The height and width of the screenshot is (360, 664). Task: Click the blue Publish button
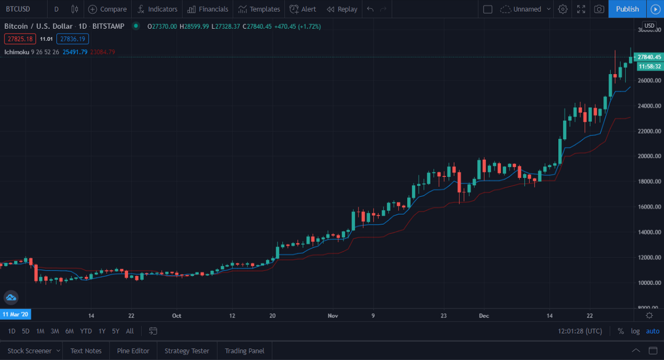(x=627, y=9)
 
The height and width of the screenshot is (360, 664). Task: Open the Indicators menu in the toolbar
(x=158, y=9)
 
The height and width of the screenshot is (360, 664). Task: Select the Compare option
(x=107, y=9)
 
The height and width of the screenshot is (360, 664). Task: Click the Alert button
(x=303, y=9)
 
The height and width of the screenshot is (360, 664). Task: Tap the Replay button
(x=341, y=9)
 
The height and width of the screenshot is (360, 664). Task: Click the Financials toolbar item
(x=207, y=9)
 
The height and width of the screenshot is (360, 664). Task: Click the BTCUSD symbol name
(x=18, y=9)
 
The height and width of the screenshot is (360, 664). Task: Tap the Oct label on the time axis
(x=177, y=316)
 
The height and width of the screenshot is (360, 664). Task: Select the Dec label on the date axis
(x=484, y=316)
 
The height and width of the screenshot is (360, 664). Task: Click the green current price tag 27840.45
(x=649, y=57)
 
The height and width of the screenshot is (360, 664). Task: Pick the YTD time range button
(x=86, y=331)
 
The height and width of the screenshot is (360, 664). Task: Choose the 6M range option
(x=69, y=331)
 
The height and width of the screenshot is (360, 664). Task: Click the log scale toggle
(x=635, y=331)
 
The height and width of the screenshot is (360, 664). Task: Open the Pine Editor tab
(x=133, y=351)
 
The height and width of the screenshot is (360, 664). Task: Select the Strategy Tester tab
(x=187, y=351)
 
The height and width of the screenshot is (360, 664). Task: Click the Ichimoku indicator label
(x=16, y=52)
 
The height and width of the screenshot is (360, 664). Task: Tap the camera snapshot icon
(x=599, y=9)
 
